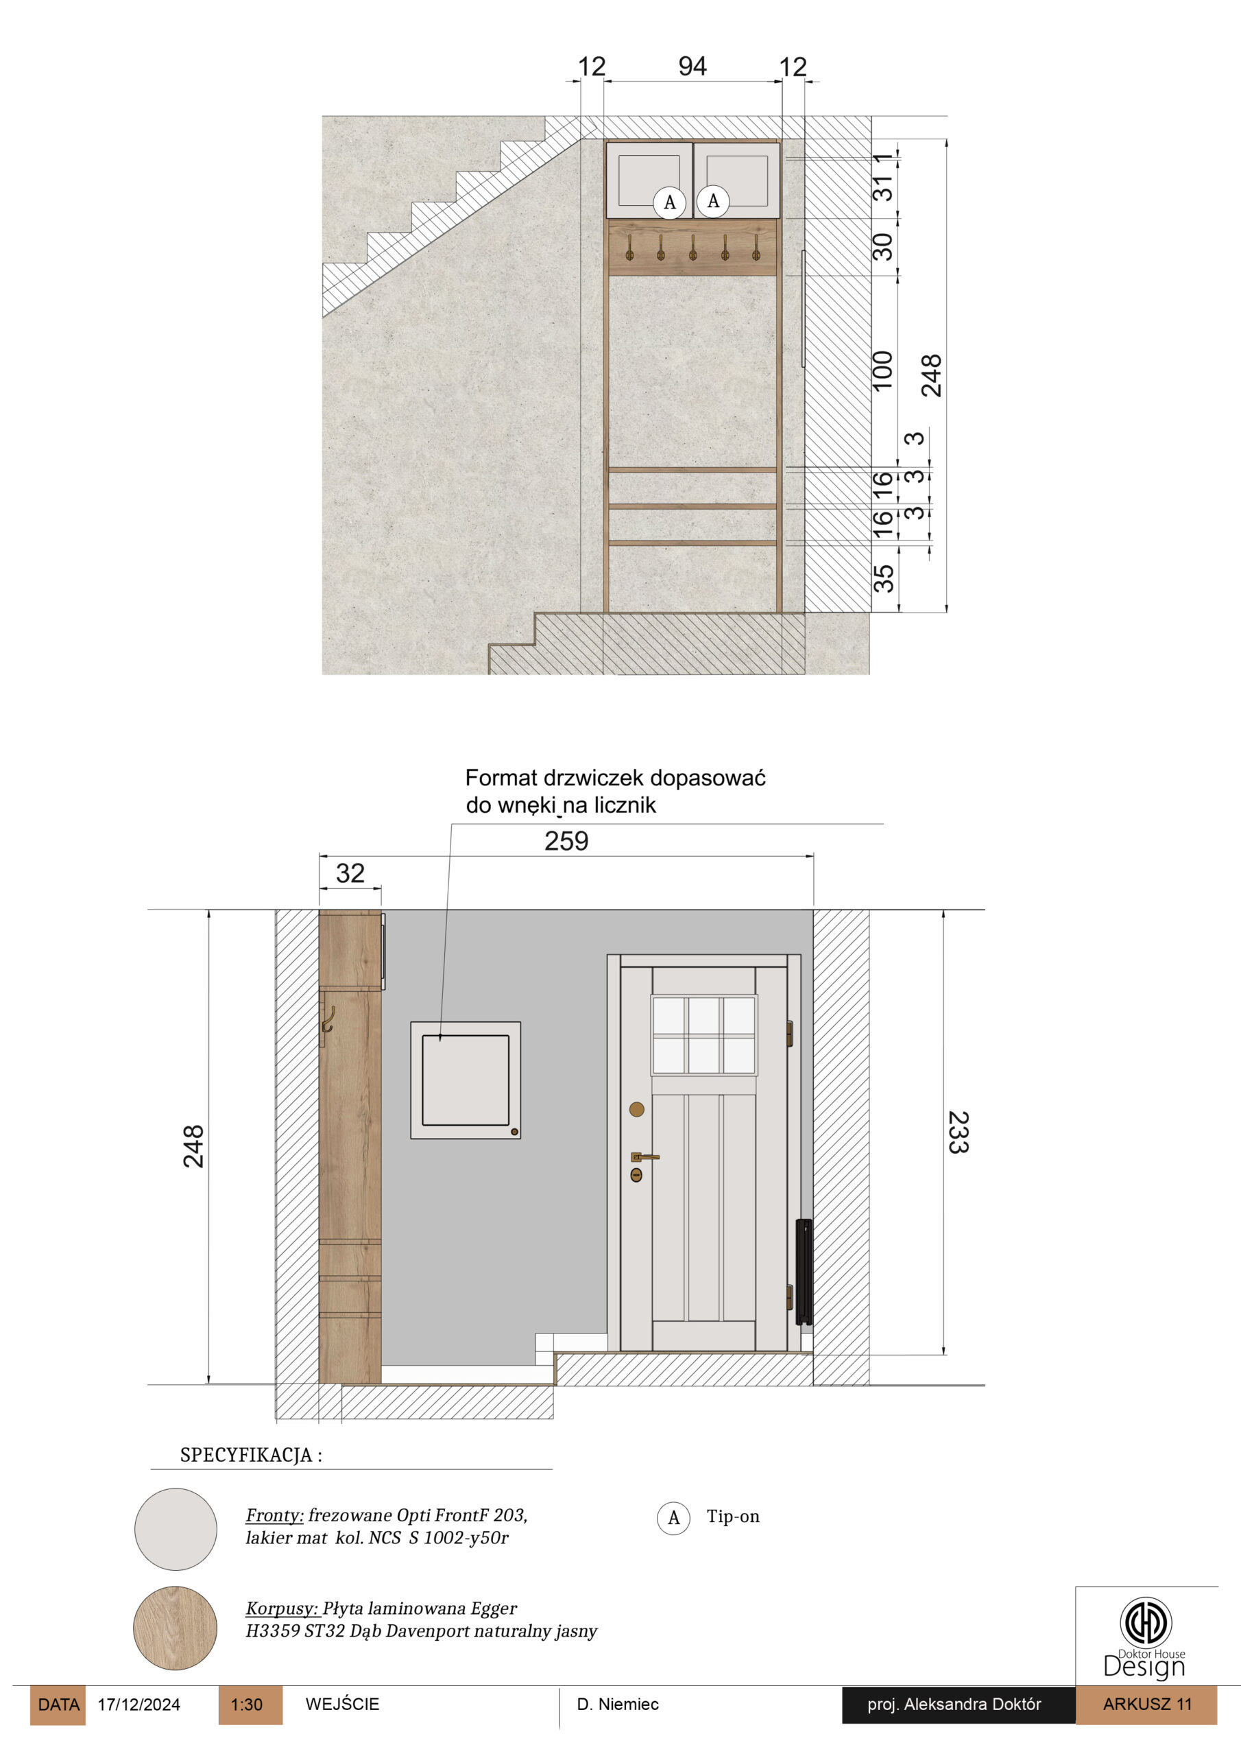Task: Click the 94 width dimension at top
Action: pos(692,67)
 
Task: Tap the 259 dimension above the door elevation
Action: pos(566,841)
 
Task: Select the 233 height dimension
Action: pos(958,1132)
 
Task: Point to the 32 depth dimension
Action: pos(350,873)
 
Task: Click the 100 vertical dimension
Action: pos(882,371)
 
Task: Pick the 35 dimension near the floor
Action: pos(883,578)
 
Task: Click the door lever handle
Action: pos(644,1157)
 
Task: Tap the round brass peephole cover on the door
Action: pos(637,1109)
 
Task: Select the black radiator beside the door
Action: pos(804,1271)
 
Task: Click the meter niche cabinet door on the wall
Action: pos(466,1080)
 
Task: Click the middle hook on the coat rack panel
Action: pos(692,247)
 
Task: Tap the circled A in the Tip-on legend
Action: pos(674,1518)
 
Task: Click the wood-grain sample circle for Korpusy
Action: pos(175,1628)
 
